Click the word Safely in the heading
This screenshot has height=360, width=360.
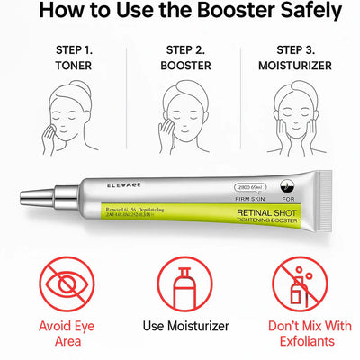coord(301,13)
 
